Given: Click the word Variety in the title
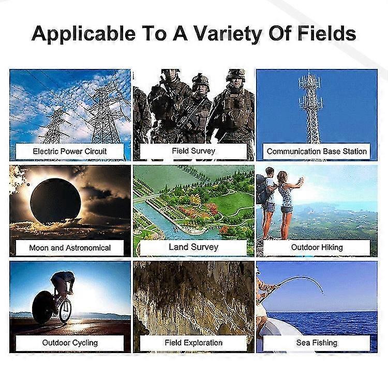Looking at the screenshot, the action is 228,34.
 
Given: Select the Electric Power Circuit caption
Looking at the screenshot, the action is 69,151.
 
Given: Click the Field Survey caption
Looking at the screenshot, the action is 193,151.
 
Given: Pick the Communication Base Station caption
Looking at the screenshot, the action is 317,151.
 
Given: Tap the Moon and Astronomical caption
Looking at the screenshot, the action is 70,247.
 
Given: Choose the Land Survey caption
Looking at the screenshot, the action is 193,247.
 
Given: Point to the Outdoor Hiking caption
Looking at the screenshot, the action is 317,247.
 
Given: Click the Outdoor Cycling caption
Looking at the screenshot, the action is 70,343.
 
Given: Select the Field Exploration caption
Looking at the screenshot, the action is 193,343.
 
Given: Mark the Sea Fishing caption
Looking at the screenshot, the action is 317,343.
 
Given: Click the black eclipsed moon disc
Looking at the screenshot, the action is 55,201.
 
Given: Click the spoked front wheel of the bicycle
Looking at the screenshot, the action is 65,310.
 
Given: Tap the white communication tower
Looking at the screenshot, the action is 310,108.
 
